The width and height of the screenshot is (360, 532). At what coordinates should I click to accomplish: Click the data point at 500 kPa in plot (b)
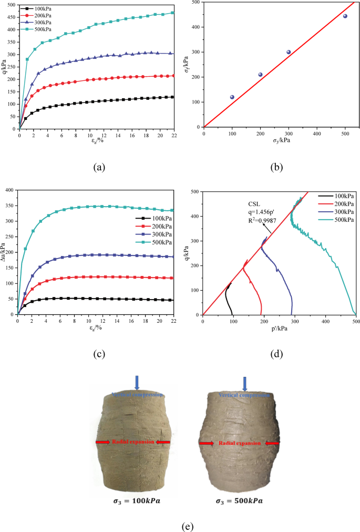pos(345,16)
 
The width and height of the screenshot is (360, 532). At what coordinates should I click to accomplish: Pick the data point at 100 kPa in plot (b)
pos(232,97)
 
